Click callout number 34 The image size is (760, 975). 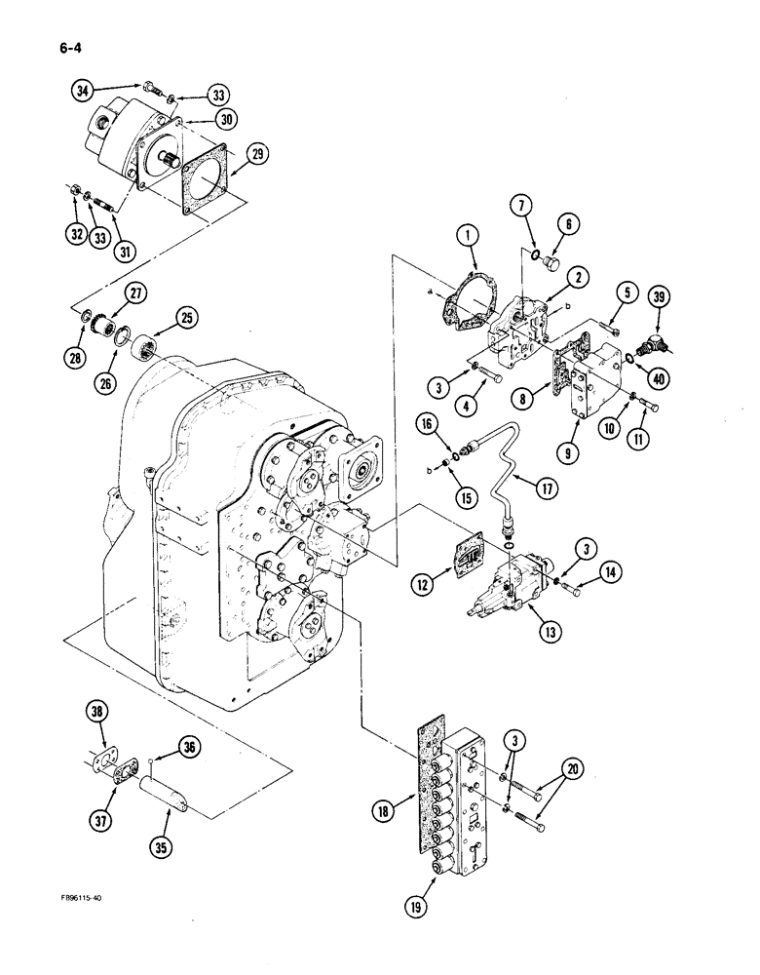[85, 92]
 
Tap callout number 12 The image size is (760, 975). [423, 584]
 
